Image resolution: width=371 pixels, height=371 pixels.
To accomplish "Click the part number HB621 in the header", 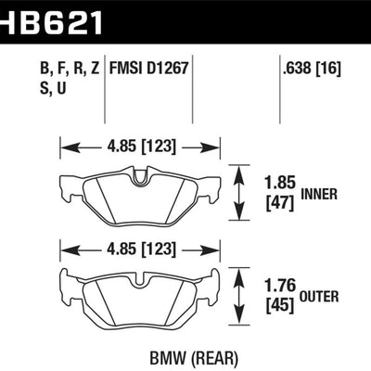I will (51, 17).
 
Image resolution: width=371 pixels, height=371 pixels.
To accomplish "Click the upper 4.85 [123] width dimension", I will (140, 146).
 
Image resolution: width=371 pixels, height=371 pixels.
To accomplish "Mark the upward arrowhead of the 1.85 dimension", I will (240, 170).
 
